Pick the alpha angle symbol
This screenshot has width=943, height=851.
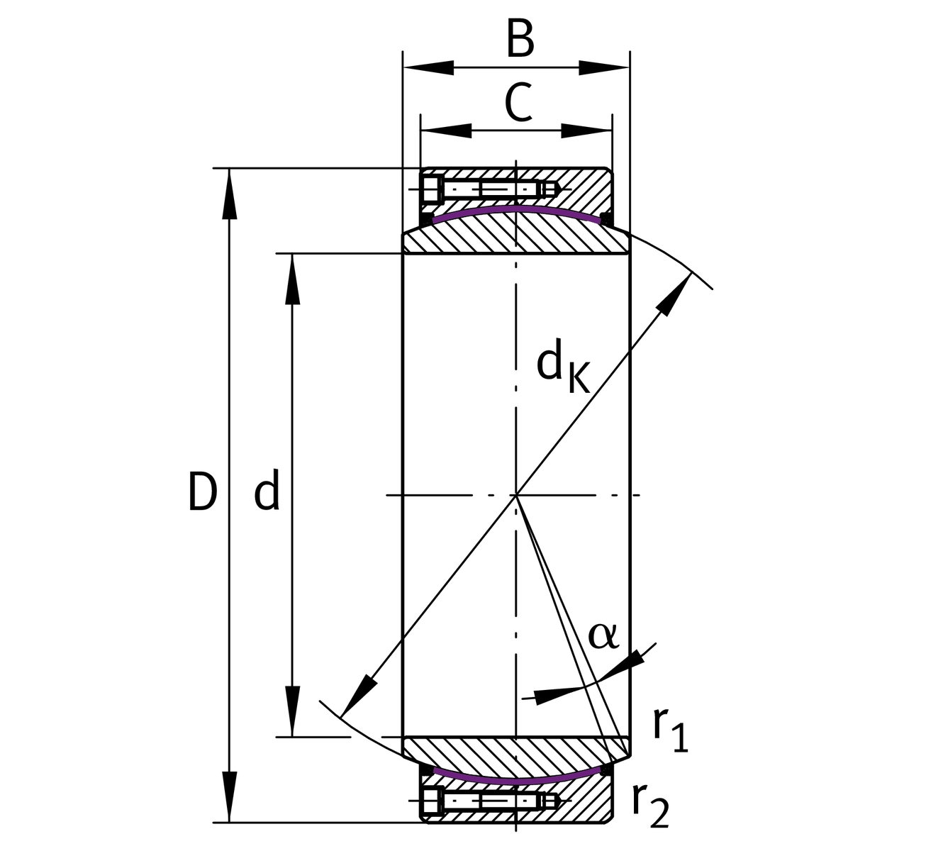coord(603,635)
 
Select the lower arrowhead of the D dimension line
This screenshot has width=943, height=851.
coord(229,798)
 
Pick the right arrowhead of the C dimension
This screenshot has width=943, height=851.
coord(587,130)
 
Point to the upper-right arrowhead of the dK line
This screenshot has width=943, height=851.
coord(676,291)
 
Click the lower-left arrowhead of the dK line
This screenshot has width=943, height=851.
coord(357,696)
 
